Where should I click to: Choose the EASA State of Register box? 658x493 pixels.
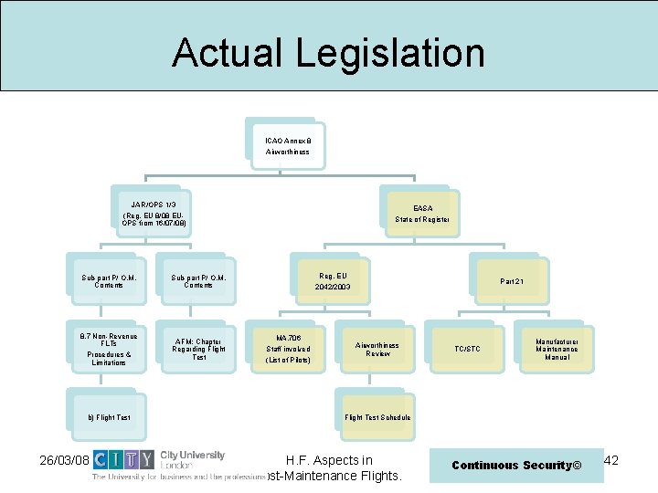click(x=422, y=215)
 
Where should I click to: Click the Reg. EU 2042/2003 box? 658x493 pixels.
click(x=332, y=281)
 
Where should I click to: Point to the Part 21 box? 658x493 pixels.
click(x=512, y=281)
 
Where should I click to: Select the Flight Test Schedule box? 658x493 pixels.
click(x=377, y=417)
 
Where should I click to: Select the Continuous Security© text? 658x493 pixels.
click(x=516, y=466)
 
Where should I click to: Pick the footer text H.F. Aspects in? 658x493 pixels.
click(x=329, y=460)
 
